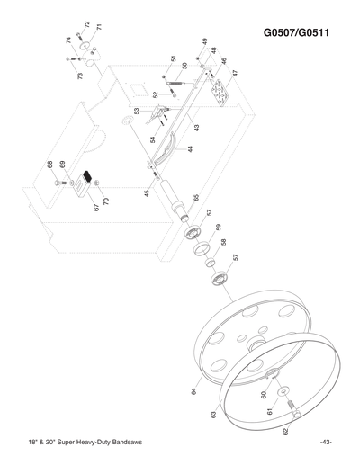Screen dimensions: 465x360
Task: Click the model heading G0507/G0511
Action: click(298, 34)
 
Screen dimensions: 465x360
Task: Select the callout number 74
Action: click(68, 40)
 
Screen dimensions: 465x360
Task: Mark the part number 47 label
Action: click(234, 73)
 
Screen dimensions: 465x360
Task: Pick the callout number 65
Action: click(196, 197)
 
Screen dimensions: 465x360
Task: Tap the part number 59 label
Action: click(218, 228)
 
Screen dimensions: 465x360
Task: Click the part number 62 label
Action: click(285, 433)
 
